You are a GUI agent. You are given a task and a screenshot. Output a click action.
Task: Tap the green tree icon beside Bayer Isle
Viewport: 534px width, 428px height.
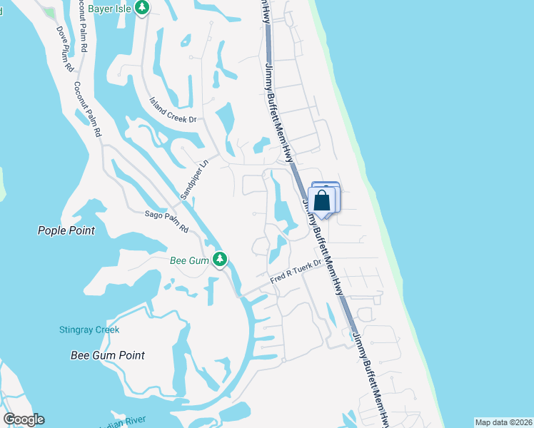point(143,9)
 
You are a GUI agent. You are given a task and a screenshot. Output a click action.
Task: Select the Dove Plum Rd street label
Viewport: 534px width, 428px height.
point(66,48)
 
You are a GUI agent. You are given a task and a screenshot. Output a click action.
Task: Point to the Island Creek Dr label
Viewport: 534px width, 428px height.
point(172,111)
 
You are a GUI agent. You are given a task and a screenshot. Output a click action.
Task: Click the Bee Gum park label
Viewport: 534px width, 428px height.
point(188,260)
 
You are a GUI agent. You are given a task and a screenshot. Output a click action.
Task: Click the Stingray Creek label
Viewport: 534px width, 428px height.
point(89,330)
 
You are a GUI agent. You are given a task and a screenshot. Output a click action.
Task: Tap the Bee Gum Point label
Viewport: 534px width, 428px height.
point(108,355)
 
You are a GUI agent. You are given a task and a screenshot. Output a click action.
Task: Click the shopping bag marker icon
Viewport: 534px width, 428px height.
point(323,200)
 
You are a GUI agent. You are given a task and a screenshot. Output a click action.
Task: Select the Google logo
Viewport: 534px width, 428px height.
point(24,419)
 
